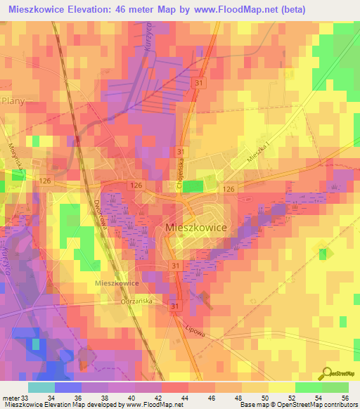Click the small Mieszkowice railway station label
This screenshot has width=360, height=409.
point(116,283)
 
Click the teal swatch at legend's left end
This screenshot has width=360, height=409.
point(41,387)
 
